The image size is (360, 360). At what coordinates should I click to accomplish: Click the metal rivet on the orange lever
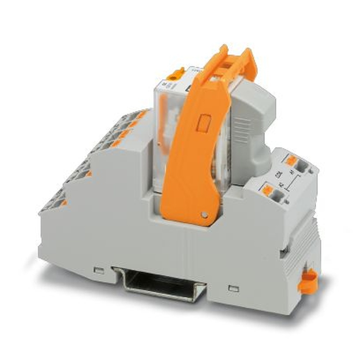click(x=205, y=215)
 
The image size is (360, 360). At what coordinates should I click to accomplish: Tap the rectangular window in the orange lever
click(x=204, y=122)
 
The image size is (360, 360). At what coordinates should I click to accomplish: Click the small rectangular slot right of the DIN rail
click(x=234, y=288)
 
